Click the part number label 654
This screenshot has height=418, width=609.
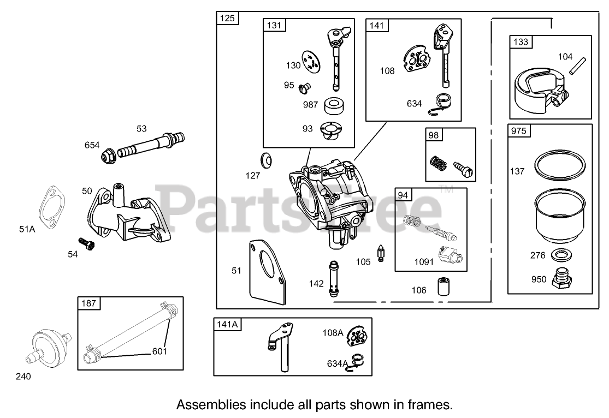pos(92,145)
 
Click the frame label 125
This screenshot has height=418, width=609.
pos(227,19)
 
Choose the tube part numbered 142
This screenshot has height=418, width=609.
pos(333,278)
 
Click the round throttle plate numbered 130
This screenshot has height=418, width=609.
pos(312,62)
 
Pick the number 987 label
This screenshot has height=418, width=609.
pos(311,105)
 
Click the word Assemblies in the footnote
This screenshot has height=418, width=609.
pos(211,405)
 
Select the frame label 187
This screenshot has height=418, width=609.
pos(89,303)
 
